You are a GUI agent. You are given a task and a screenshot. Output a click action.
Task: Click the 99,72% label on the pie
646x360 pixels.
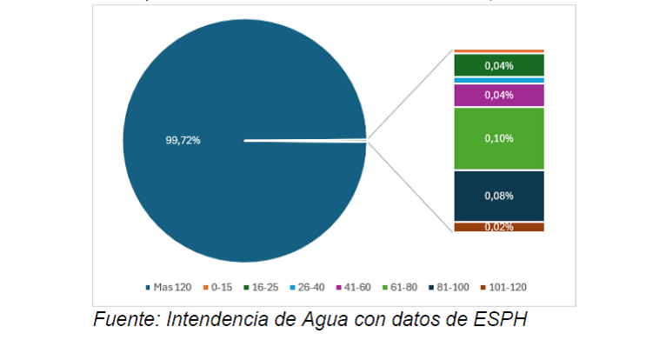(183, 139)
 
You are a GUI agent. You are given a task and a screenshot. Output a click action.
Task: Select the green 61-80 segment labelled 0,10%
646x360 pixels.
(499, 137)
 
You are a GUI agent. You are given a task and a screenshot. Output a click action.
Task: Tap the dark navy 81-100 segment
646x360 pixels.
(499, 196)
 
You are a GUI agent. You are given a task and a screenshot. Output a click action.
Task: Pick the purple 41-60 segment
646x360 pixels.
(499, 95)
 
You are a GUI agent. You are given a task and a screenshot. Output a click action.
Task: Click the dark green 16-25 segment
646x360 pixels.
(499, 65)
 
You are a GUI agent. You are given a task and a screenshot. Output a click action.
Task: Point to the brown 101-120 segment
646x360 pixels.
(499, 227)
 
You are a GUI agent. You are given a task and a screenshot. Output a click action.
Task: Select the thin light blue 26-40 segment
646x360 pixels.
(499, 80)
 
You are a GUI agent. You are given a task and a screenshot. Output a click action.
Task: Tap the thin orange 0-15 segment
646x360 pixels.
(499, 51)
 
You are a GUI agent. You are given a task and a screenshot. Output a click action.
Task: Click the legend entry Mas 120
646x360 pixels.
(171, 287)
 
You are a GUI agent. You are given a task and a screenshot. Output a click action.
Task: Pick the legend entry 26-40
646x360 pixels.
(310, 287)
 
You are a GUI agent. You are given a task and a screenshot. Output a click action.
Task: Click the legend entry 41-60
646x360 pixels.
(356, 287)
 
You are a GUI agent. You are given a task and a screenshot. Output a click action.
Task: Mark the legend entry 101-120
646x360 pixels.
(507, 287)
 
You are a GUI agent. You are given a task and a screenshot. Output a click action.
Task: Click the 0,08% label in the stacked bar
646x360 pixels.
(499, 196)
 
